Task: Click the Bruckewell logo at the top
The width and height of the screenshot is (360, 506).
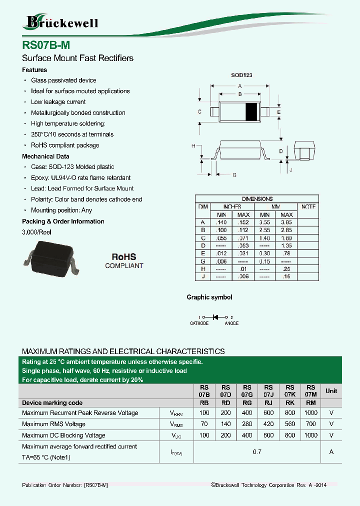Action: [60, 22]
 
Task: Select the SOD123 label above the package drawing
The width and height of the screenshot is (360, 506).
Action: [241, 74]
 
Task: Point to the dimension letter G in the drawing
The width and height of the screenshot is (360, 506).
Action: [234, 174]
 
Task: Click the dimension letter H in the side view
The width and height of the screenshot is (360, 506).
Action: [193, 145]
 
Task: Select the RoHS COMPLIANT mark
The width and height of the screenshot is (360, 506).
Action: [124, 260]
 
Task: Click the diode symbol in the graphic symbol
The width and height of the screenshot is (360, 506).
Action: [216, 317]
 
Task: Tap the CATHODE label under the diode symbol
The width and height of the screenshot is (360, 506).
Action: [199, 323]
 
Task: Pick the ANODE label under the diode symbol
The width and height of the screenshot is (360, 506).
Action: [231, 323]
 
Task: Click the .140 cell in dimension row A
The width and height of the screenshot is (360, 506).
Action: [220, 222]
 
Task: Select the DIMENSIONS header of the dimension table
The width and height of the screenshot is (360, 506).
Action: [257, 198]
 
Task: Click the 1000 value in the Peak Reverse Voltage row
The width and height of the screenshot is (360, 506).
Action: [310, 413]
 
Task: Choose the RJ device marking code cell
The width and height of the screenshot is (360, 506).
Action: [268, 402]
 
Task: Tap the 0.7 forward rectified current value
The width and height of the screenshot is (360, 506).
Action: [257, 452]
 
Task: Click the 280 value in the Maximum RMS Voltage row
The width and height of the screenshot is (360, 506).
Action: [247, 424]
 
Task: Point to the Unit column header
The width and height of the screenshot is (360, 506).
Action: [331, 390]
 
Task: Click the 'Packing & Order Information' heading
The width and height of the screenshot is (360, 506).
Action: [63, 221]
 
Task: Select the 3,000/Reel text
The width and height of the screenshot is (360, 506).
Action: [36, 232]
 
